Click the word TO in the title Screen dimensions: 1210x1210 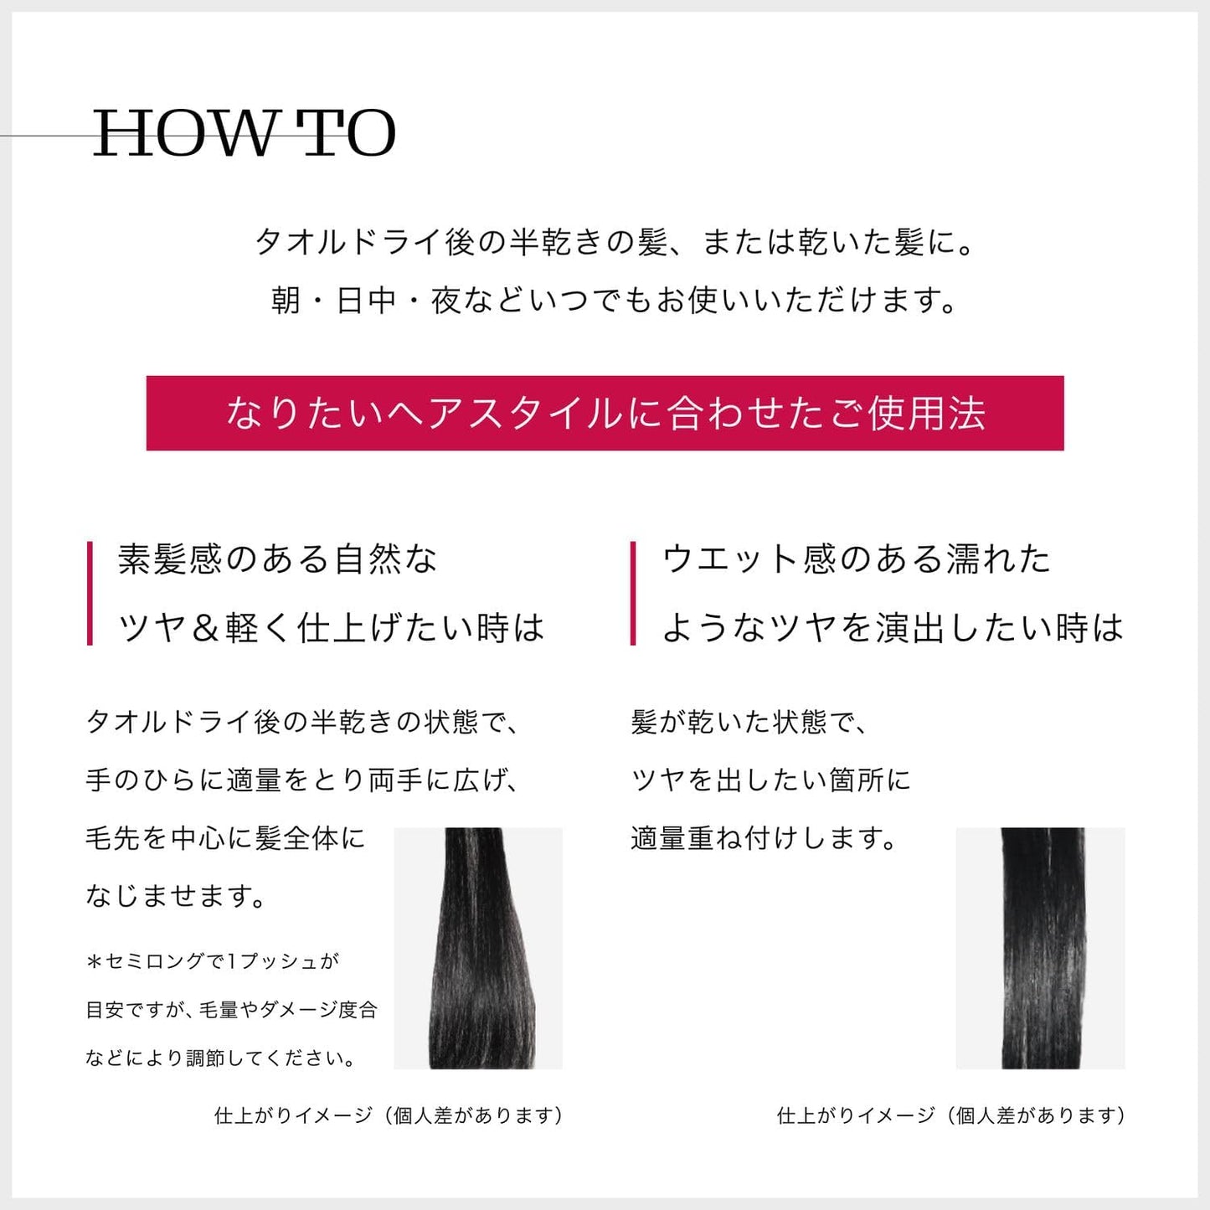pyautogui.click(x=347, y=134)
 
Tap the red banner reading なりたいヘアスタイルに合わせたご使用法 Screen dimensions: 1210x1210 pyautogui.click(x=605, y=413)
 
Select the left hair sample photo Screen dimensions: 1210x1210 pyautogui.click(x=478, y=948)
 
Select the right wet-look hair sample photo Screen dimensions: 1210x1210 pyautogui.click(x=1040, y=948)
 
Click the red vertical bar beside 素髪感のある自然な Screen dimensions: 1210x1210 pyautogui.click(x=90, y=593)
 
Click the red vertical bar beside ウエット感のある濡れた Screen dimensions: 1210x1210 pyautogui.click(x=633, y=593)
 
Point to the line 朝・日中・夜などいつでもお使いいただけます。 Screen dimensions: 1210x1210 pyautogui.click(x=615, y=301)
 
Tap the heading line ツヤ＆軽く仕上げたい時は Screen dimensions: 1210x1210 pyautogui.click(x=332, y=628)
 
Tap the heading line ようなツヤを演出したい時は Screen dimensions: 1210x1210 pyautogui.click(x=893, y=628)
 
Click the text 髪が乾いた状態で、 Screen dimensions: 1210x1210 pyautogui.click(x=749, y=722)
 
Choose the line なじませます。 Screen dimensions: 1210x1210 pyautogui.click(x=177, y=896)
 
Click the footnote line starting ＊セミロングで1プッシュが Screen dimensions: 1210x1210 pyautogui.click(x=213, y=961)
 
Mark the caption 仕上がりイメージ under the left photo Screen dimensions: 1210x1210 pyautogui.click(x=389, y=1115)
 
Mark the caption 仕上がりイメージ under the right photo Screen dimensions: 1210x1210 pyautogui.click(x=951, y=1115)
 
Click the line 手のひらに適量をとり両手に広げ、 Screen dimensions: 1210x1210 pyautogui.click(x=303, y=780)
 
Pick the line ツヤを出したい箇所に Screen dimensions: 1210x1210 pyautogui.click(x=770, y=780)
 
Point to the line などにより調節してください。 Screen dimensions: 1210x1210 pyautogui.click(x=223, y=1058)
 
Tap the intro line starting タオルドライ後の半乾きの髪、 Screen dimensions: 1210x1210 pyautogui.click(x=615, y=243)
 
